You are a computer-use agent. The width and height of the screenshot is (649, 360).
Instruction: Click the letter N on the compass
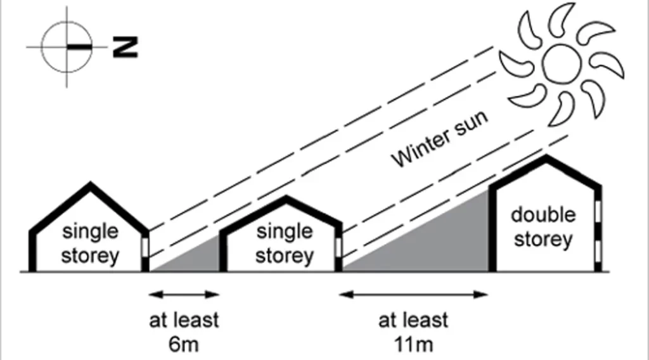tap(125, 48)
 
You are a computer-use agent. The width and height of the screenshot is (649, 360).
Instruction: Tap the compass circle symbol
tap(66, 48)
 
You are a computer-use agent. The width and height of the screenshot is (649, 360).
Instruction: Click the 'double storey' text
tap(543, 228)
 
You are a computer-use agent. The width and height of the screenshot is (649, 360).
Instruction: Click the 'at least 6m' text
tap(184, 331)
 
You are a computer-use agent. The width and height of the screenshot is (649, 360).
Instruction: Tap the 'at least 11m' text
tap(413, 331)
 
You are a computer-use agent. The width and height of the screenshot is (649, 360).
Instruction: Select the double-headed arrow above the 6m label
tap(184, 294)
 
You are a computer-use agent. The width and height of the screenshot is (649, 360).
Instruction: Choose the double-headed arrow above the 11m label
tap(414, 294)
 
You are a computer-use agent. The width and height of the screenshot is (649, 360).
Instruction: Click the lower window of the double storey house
tap(597, 248)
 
